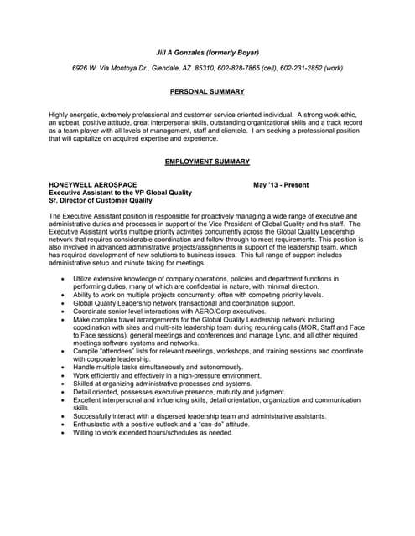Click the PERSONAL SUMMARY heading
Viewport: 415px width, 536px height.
tap(207, 91)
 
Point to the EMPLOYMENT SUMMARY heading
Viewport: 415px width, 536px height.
tap(207, 161)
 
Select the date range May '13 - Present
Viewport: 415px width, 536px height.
tap(281, 184)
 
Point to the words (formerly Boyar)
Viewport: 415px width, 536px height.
tap(237, 52)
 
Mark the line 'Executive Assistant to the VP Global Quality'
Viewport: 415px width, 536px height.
tap(121, 192)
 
